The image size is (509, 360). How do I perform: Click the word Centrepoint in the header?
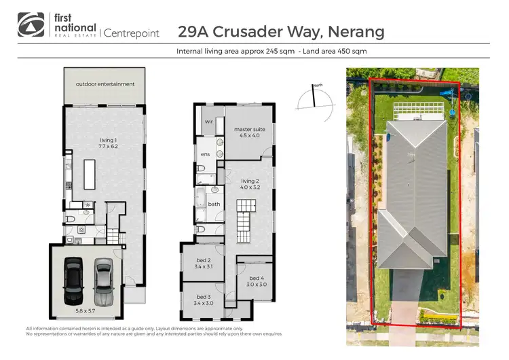click(132, 32)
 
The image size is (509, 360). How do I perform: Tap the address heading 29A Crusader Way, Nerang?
click(280, 31)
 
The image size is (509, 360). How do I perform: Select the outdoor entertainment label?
click(105, 84)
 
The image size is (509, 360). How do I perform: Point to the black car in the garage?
click(73, 281)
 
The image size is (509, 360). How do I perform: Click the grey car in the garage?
click(102, 281)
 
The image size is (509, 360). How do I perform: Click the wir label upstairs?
click(209, 122)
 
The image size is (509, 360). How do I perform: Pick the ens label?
click(205, 154)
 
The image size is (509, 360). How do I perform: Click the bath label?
click(214, 204)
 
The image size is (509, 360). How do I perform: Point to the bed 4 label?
click(256, 281)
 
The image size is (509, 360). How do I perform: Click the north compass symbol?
click(314, 98)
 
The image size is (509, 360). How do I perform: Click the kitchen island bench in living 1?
click(88, 175)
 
